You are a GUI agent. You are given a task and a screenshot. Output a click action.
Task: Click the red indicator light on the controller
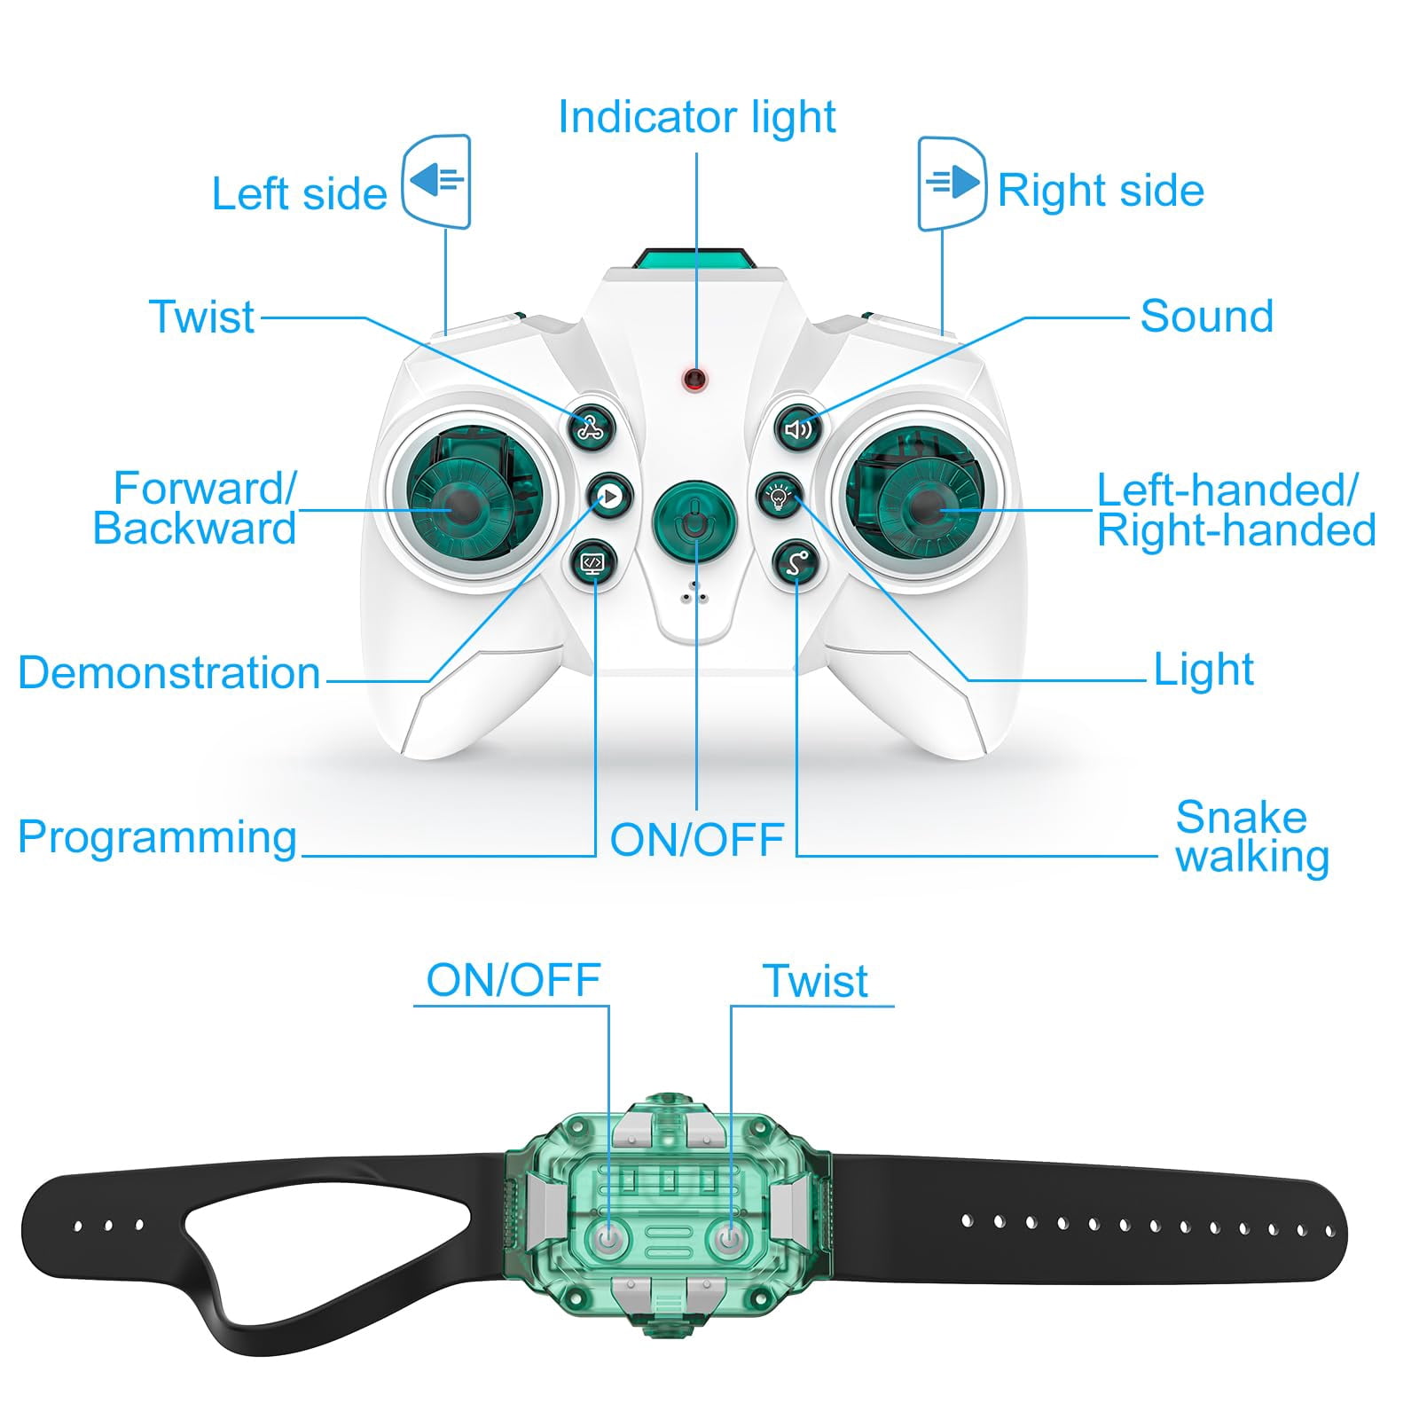click(694, 380)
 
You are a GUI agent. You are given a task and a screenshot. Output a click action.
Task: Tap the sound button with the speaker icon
click(798, 429)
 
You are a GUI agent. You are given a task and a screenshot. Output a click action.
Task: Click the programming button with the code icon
click(592, 562)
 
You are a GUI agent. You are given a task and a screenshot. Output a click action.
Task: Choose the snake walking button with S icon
click(796, 562)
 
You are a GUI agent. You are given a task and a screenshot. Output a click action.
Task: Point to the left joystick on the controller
click(464, 509)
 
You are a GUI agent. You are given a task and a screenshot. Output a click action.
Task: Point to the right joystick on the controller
click(929, 507)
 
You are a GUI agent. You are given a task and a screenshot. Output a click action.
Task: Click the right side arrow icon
click(952, 184)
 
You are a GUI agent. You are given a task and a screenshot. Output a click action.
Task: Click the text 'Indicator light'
click(697, 117)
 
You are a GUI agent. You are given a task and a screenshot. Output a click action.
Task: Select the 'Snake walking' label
click(1251, 837)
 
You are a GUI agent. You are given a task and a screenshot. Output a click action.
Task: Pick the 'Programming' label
click(157, 837)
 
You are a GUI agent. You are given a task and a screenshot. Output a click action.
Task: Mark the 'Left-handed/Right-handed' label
click(1236, 510)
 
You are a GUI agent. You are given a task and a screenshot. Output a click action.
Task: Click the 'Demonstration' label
click(169, 672)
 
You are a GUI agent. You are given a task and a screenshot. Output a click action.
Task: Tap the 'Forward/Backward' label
click(195, 508)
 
